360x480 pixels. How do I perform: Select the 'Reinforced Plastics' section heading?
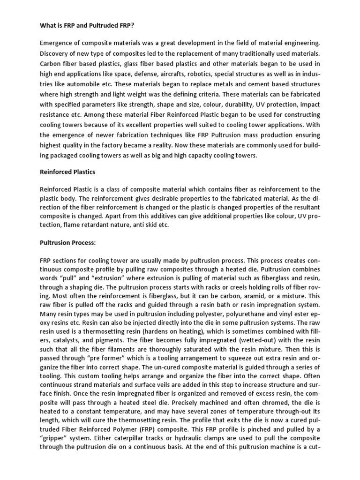click(67, 172)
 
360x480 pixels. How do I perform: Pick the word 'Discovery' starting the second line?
click(55, 54)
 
